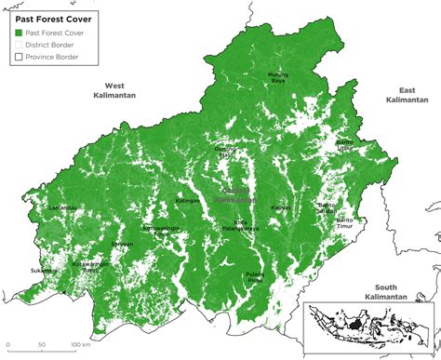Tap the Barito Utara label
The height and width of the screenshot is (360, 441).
click(345, 144)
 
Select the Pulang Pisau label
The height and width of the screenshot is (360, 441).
click(256, 276)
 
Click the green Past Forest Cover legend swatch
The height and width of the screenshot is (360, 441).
click(19, 33)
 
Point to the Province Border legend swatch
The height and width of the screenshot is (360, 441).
click(19, 57)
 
